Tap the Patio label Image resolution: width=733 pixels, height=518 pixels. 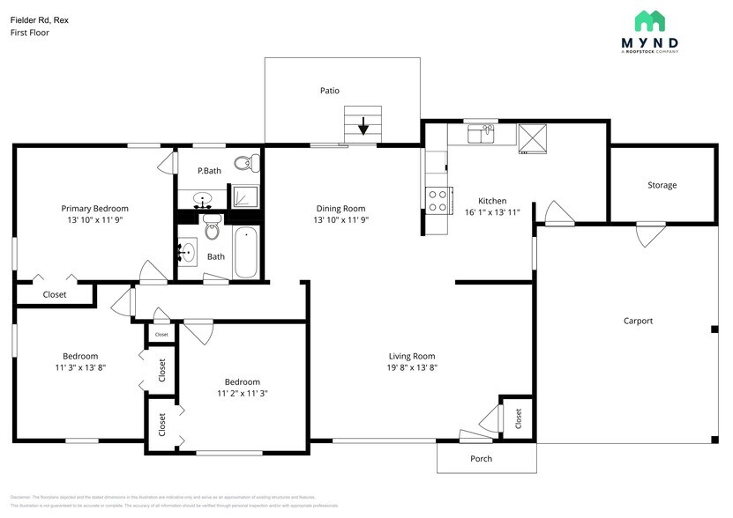click(330, 91)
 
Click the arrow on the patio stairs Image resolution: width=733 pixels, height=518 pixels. click(363, 128)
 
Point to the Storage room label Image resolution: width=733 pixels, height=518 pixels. click(662, 185)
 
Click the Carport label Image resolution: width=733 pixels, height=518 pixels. click(638, 321)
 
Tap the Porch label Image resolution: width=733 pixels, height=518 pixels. click(481, 458)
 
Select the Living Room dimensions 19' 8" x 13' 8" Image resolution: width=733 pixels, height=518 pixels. click(413, 368)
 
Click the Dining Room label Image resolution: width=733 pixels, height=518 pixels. click(340, 209)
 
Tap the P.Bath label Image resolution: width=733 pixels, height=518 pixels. click(208, 171)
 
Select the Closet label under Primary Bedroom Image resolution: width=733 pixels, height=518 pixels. click(55, 294)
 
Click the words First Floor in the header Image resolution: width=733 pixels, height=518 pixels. click(29, 33)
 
